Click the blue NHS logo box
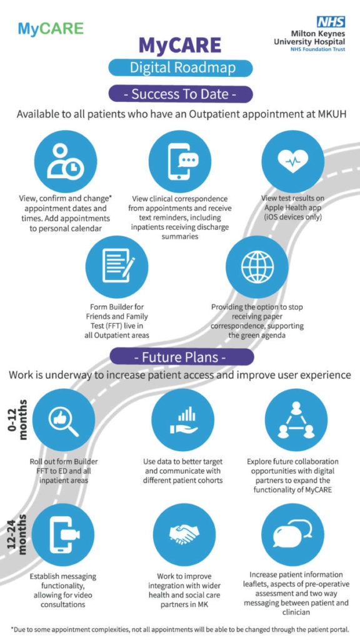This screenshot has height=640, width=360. click(x=331, y=21)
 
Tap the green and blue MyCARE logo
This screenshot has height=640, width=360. click(x=51, y=29)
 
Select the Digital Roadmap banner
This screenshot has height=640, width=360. click(x=180, y=67)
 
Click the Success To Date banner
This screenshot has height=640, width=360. click(x=180, y=94)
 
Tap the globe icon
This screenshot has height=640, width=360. click(x=257, y=266)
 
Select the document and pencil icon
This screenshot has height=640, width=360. click(x=117, y=266)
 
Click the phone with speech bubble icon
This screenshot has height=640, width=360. click(x=181, y=161)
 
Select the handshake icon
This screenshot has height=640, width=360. click(x=182, y=534)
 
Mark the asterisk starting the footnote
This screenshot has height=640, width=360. click(x=12, y=627)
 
